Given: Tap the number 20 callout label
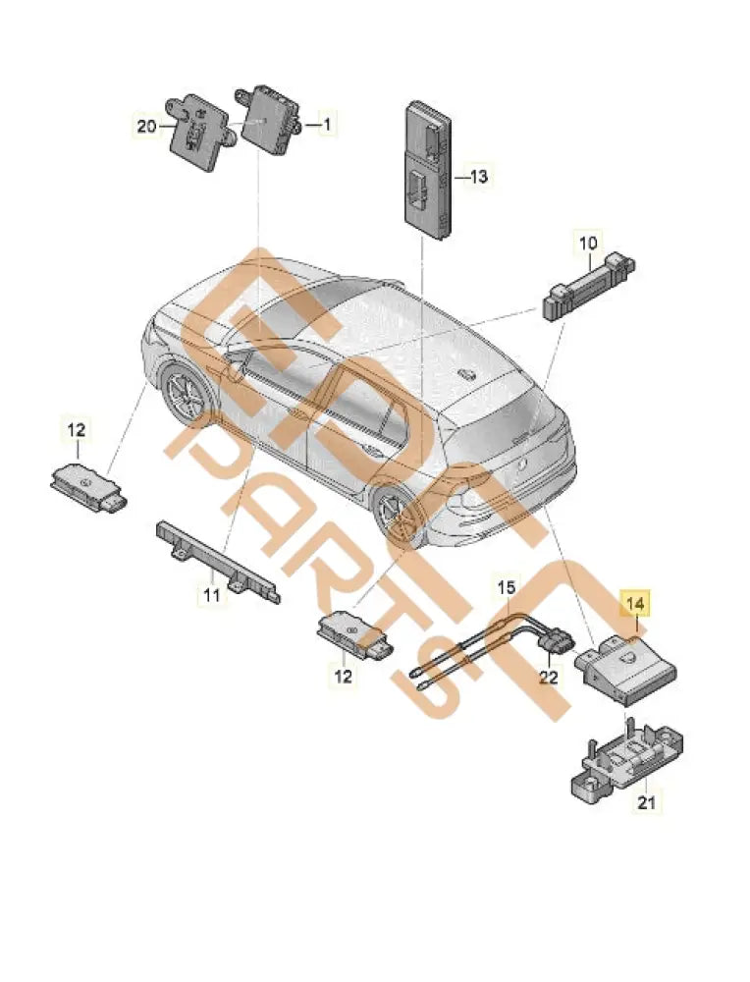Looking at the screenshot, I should tap(146, 125).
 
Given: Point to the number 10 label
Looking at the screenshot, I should tap(587, 243).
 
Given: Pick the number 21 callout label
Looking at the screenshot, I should tap(644, 803).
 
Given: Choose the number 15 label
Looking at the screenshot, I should tap(504, 588).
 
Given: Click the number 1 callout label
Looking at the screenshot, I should tap(327, 125).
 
